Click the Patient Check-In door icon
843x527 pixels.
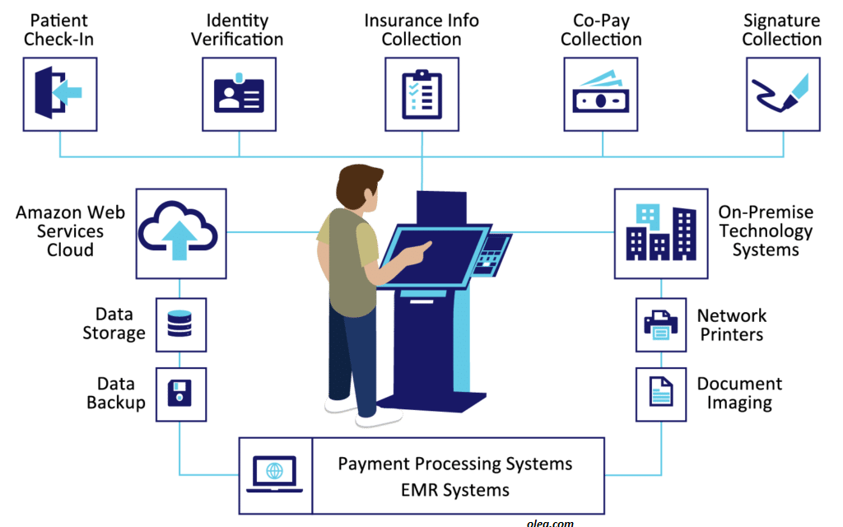coord(60,94)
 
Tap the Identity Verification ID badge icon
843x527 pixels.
coord(239,94)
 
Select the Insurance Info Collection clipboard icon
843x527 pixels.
coord(421,94)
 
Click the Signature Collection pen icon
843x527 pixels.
coord(782,94)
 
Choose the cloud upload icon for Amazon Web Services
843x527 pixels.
coord(180,232)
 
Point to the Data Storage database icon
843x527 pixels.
coord(179,324)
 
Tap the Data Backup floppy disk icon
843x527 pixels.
coord(179,394)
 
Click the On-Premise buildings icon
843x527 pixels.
coord(660,232)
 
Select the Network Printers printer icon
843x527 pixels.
coord(660,324)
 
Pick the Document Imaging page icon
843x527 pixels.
coord(660,394)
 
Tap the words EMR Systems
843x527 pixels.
coord(454,490)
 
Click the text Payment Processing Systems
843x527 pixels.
coord(454,464)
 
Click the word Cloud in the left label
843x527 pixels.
coord(70,250)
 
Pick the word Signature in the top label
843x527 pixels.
coord(782,20)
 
